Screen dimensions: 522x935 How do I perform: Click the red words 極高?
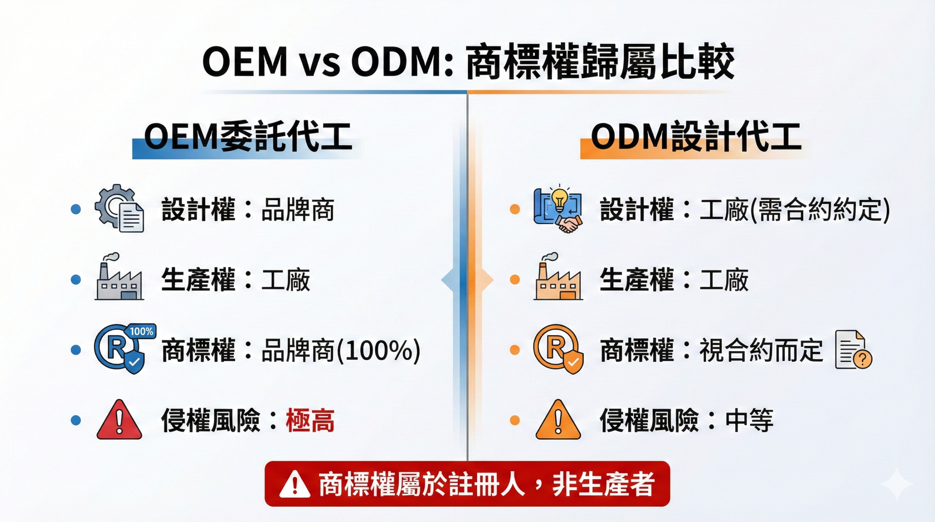[310, 420]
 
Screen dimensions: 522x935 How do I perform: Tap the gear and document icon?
[119, 208]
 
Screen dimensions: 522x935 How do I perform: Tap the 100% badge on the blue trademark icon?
[142, 331]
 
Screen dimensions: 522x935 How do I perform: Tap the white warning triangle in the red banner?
[295, 484]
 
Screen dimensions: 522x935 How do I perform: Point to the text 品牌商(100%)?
[341, 350]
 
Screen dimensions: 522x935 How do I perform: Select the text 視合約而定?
[761, 350]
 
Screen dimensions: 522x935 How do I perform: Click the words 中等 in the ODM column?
[749, 420]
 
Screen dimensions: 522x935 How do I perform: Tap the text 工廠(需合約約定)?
[795, 210]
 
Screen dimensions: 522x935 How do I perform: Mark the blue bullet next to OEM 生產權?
[76, 279]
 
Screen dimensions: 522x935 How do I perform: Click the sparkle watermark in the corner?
[897, 484]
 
